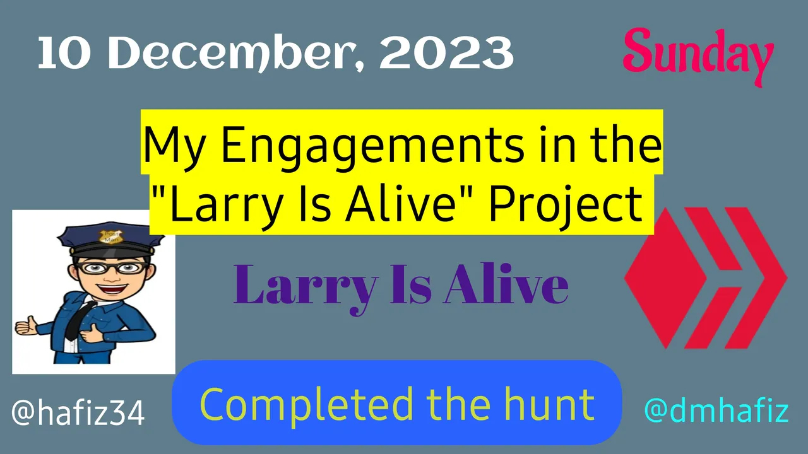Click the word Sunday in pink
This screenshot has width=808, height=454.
(x=698, y=57)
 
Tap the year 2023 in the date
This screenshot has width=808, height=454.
(x=446, y=53)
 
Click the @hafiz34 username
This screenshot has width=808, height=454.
(x=78, y=412)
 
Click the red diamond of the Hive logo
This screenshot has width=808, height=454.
(x=665, y=278)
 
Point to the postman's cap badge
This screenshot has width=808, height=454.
(x=111, y=237)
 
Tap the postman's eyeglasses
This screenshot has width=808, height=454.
(x=112, y=268)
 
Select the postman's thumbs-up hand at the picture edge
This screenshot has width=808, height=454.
(x=26, y=326)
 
